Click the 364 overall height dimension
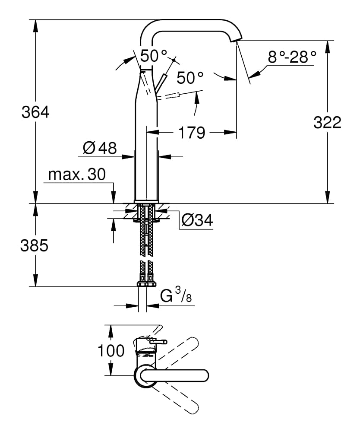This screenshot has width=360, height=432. pyautogui.click(x=35, y=112)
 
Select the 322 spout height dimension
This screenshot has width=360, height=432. pyautogui.click(x=327, y=123)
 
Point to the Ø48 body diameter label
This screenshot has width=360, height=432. pyautogui.click(x=100, y=148)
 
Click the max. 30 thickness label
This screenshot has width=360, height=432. pyautogui.click(x=76, y=175)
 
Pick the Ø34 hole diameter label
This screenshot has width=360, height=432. pyautogui.click(x=197, y=220)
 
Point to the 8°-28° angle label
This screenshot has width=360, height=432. pyautogui.click(x=292, y=57)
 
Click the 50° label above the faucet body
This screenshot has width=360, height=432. pyautogui.click(x=153, y=56)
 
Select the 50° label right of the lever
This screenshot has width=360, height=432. pyautogui.click(x=190, y=78)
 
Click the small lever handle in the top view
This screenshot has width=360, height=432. pyautogui.click(x=158, y=342)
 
